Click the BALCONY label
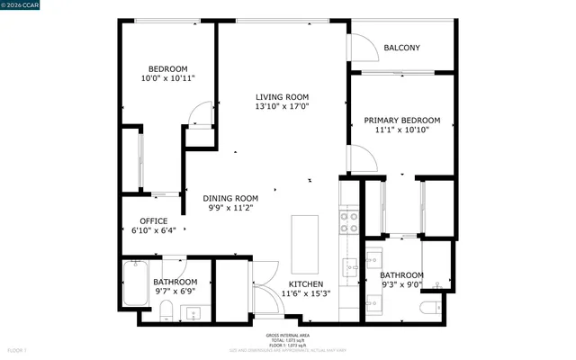pos(402,48)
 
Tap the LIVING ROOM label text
pos(282,97)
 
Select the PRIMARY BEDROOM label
pos(401,120)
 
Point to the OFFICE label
pos(153,221)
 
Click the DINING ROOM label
pos(230,198)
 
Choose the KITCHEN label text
pos(306,284)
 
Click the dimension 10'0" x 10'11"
pos(168,79)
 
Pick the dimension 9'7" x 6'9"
pos(175,292)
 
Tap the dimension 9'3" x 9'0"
pos(401,286)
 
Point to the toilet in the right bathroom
pos(431,310)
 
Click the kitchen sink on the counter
pos(348,267)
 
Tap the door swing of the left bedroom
pos(202,113)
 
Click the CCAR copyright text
pos(22,6)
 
